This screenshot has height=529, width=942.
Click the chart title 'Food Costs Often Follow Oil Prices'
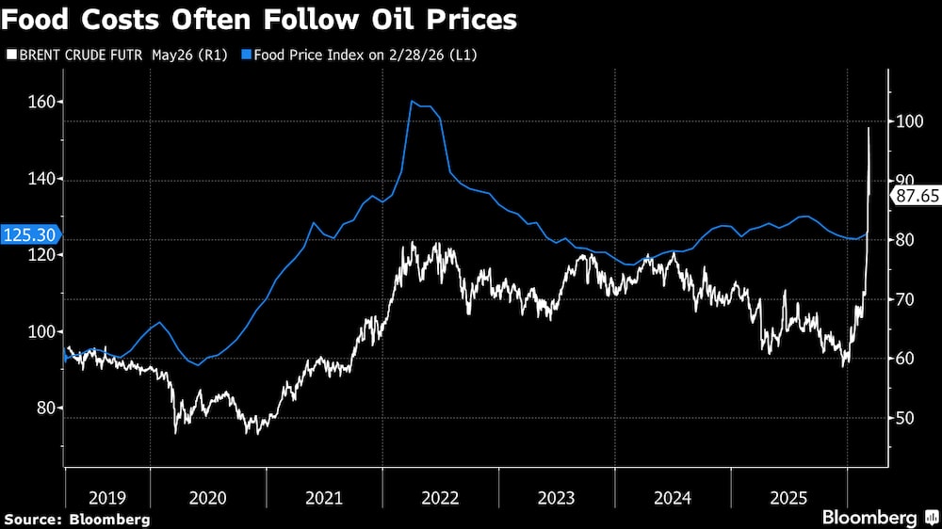click(x=261, y=19)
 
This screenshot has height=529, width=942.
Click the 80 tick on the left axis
click(x=42, y=409)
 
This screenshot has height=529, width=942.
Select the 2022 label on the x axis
click(x=441, y=498)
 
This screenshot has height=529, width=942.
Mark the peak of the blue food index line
click(x=413, y=101)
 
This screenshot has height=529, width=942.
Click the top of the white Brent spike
click(x=869, y=127)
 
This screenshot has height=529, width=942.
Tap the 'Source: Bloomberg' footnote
click(x=77, y=519)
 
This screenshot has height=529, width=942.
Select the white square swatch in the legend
click(x=11, y=55)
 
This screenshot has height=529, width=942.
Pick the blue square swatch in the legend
click(x=247, y=55)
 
